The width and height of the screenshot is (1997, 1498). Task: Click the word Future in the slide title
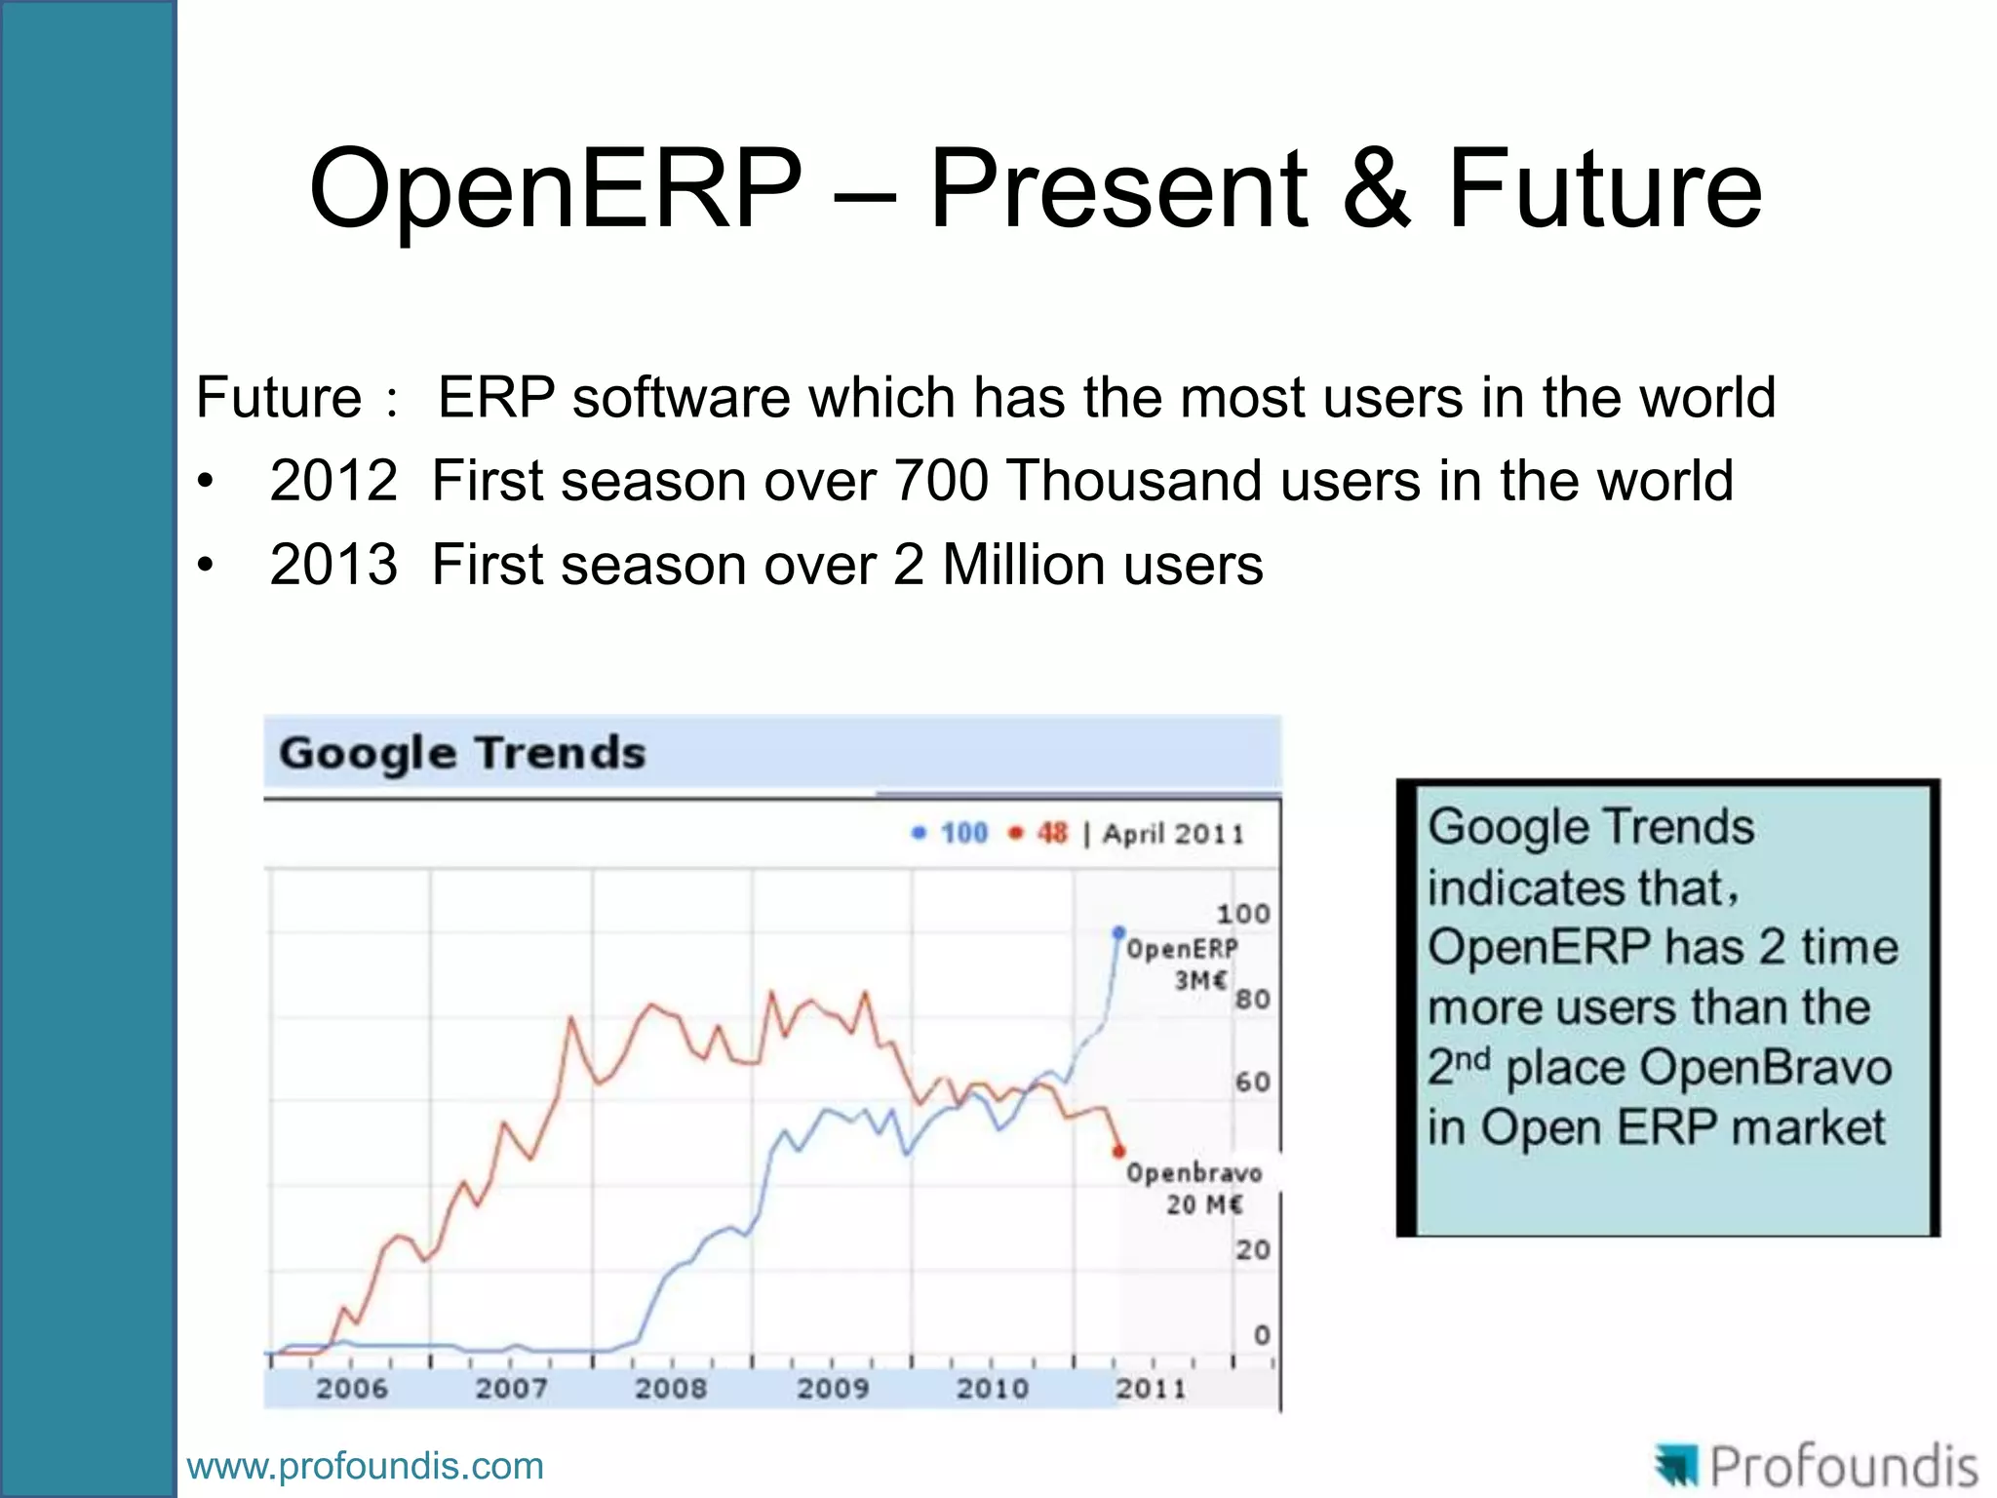[1604, 188]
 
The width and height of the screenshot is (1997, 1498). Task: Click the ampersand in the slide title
[1376, 188]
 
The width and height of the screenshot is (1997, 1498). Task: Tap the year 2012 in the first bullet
[333, 481]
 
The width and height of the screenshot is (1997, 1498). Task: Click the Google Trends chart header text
[462, 753]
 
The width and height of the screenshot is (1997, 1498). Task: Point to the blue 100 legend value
[963, 833]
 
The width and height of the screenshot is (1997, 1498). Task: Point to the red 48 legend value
[1051, 833]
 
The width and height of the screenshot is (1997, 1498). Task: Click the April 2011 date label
[1173, 834]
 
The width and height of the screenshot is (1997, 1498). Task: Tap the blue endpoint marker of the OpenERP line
[1118, 931]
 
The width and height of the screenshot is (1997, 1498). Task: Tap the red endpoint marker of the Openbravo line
[1119, 1152]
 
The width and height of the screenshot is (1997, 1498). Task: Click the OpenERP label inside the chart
[1182, 949]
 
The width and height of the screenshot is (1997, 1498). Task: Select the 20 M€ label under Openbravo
[1204, 1204]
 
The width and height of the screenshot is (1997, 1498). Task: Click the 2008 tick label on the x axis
[671, 1388]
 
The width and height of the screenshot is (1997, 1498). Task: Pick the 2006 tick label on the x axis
[351, 1388]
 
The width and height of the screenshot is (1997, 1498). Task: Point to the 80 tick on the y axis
[1253, 999]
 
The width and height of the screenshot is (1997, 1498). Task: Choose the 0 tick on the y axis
[1262, 1334]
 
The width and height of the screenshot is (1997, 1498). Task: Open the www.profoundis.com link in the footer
[365, 1466]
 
